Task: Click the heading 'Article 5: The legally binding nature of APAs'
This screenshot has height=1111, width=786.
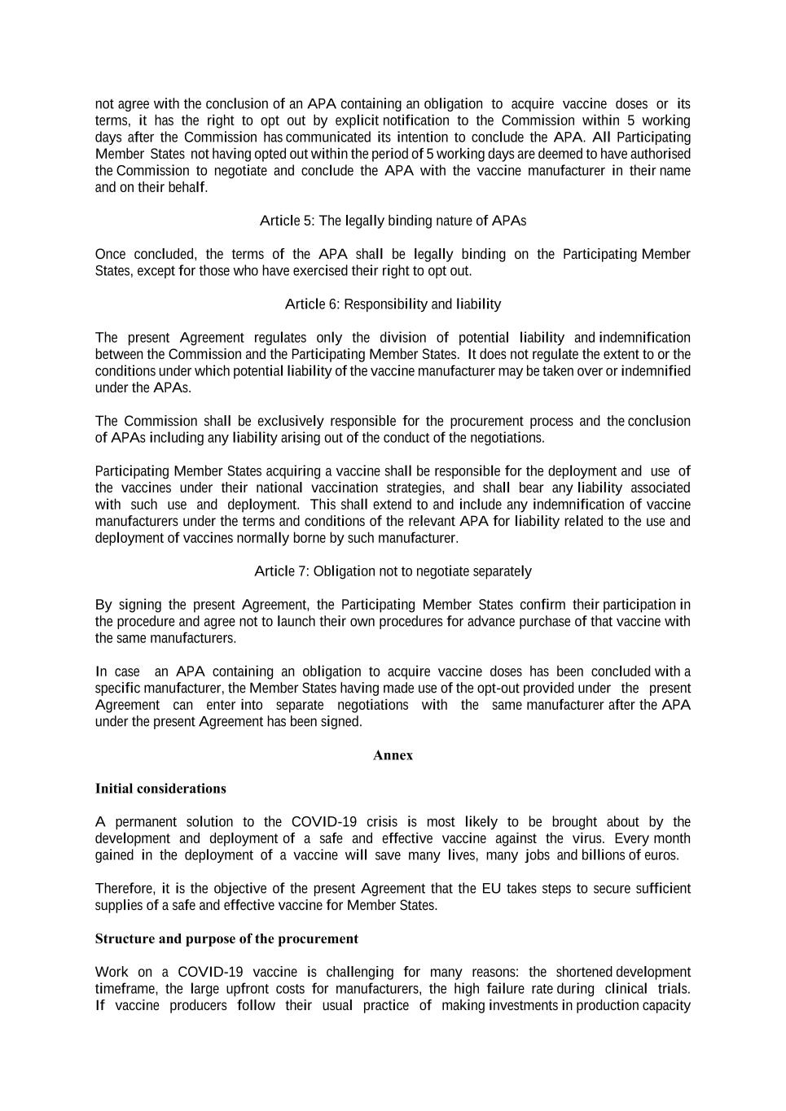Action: [393, 221]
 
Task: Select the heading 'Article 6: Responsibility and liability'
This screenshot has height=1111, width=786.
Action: [393, 304]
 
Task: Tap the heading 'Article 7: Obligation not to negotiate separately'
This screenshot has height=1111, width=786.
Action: [393, 571]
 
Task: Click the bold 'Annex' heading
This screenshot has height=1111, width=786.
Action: [393, 755]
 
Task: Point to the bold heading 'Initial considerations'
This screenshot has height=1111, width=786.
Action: [160, 789]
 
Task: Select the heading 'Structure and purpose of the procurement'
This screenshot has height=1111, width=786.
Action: [226, 938]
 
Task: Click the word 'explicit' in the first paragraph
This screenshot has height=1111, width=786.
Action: [357, 120]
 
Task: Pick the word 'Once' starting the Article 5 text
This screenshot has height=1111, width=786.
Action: [111, 254]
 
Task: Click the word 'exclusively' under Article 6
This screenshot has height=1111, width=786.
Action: [290, 421]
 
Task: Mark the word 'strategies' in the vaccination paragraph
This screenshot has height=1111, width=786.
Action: [415, 488]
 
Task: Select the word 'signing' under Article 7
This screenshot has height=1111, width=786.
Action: [140, 605]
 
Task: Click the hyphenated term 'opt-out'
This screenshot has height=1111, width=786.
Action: [496, 689]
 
